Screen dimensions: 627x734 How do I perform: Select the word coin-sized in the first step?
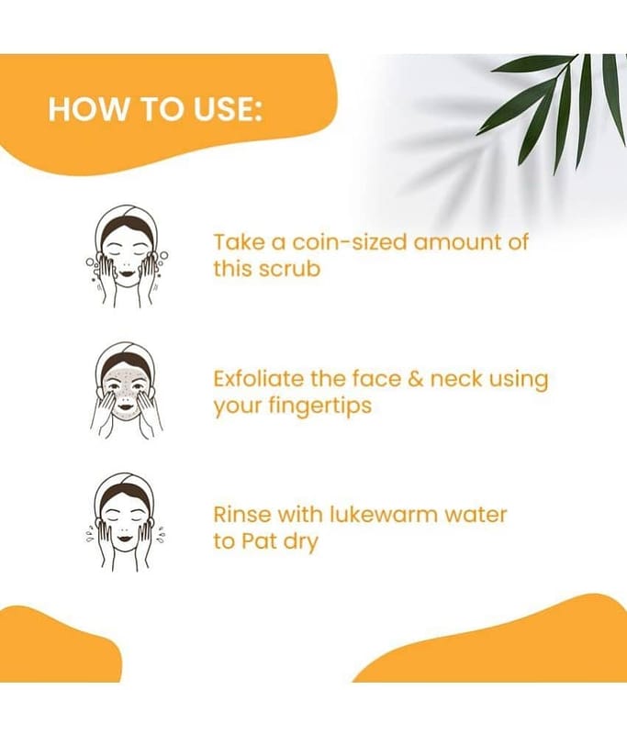(350, 242)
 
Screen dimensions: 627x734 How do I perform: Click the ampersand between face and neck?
(415, 379)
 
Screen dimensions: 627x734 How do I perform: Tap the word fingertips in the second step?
(320, 406)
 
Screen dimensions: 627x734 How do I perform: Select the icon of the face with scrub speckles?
(127, 391)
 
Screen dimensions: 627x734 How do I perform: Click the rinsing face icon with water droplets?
(126, 522)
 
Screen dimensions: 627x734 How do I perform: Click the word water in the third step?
(476, 515)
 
